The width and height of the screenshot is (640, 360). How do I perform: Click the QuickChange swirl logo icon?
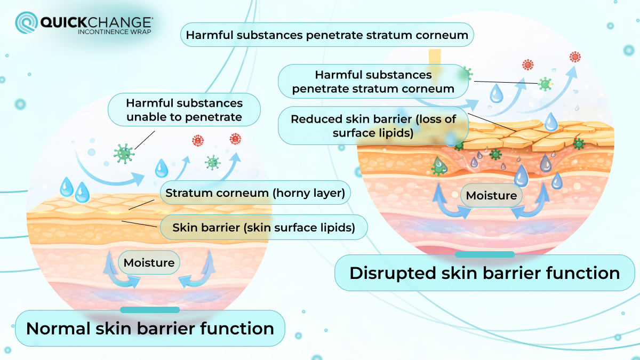[26, 24]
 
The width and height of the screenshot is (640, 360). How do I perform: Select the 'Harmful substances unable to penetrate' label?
[184, 110]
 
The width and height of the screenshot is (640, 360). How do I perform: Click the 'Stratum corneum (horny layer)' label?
[255, 193]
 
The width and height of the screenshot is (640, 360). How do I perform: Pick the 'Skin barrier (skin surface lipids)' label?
[263, 228]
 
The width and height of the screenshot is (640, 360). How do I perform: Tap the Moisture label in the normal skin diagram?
[149, 262]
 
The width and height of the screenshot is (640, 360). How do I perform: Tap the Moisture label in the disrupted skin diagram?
[491, 196]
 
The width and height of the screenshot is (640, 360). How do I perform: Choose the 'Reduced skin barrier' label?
[373, 126]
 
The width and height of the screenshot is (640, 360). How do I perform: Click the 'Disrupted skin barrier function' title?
[484, 273]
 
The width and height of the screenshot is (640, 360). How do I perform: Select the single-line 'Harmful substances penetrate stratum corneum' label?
[327, 36]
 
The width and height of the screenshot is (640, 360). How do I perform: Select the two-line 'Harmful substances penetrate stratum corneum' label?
[373, 82]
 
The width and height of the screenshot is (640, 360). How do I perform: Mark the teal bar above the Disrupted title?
[485, 254]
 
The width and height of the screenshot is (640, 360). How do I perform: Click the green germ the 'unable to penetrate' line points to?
[124, 153]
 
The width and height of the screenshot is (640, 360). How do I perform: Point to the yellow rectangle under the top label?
[435, 57]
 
